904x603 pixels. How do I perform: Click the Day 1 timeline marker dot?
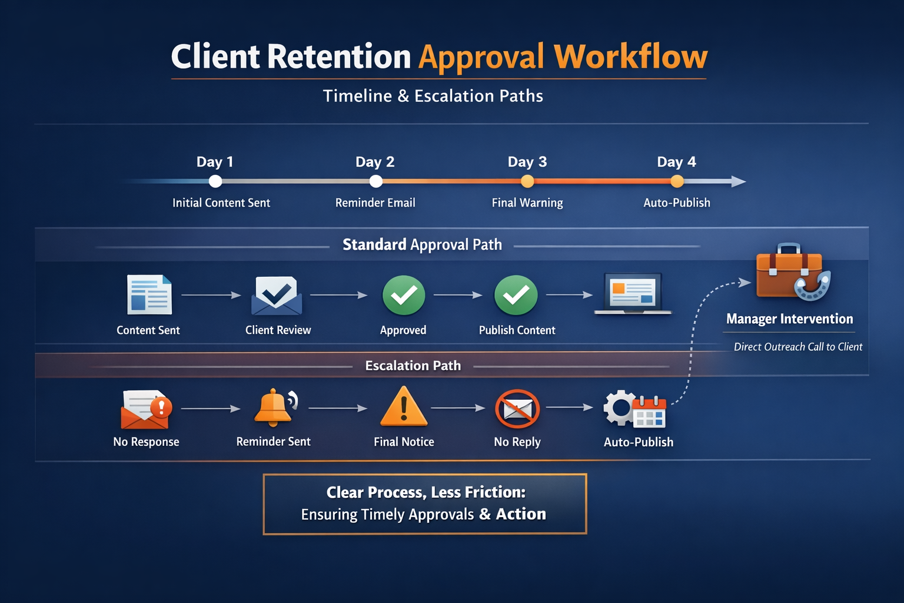click(215, 181)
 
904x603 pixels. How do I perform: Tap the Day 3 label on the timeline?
click(527, 162)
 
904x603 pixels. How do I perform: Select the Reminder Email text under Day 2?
click(375, 203)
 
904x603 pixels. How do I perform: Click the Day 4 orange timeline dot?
click(677, 181)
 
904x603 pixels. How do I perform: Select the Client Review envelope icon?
click(277, 295)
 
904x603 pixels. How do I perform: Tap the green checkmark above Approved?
click(404, 295)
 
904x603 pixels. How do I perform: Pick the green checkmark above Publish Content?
click(516, 295)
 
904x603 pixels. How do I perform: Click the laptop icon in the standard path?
click(633, 293)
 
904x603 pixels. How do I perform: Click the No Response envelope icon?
click(146, 409)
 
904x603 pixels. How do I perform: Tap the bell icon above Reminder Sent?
click(274, 407)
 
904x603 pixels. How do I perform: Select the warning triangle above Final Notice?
click(404, 407)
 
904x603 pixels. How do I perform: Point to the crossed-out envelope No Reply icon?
click(517, 409)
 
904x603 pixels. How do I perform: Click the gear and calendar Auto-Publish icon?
click(634, 409)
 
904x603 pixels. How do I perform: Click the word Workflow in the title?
click(630, 57)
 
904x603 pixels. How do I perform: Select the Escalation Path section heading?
click(413, 366)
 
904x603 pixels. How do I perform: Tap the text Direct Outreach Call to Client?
click(797, 347)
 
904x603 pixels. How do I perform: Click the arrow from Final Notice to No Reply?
click(458, 407)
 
